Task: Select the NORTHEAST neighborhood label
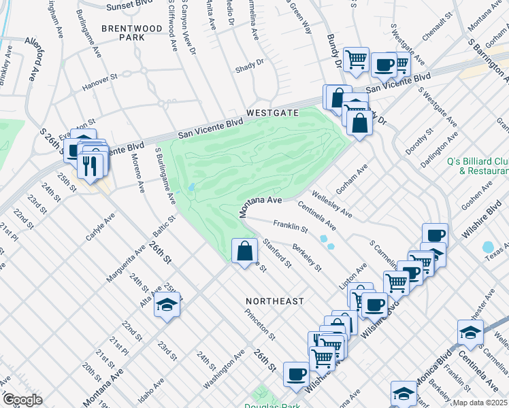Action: tap(276, 300)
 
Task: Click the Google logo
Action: tap(22, 399)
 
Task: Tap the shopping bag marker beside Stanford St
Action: tap(244, 252)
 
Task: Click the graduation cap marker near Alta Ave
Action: tap(167, 305)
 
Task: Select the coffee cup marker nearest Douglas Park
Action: tap(296, 373)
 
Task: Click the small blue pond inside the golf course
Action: tap(193, 187)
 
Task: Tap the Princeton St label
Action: tap(261, 324)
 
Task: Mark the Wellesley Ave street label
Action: tap(332, 203)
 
